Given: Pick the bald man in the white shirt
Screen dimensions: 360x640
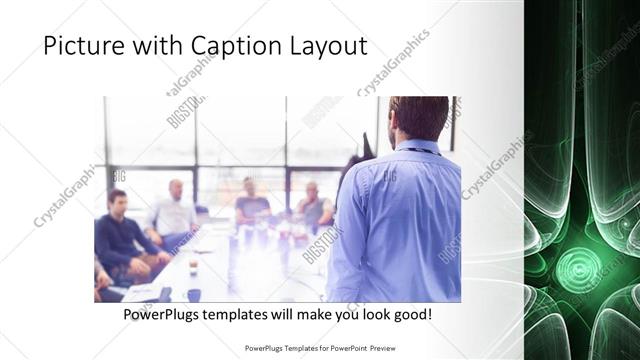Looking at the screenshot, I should pos(173,210).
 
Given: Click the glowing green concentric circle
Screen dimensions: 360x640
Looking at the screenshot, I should pos(580,268).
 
